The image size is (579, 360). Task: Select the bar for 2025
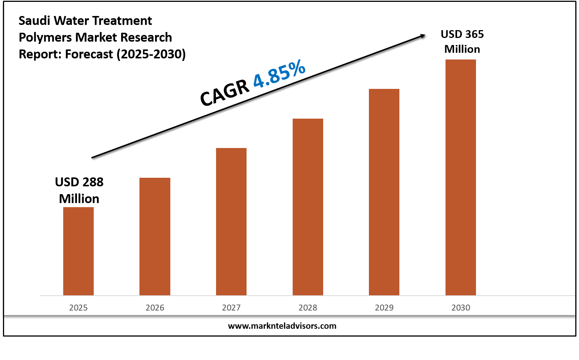tap(78, 251)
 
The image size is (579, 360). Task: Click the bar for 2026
tap(155, 237)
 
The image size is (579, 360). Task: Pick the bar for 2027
tap(231, 222)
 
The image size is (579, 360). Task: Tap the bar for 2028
tap(308, 207)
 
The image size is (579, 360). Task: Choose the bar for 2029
tap(384, 192)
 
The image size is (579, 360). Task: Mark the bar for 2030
tap(461, 177)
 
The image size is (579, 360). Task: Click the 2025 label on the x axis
tap(78, 308)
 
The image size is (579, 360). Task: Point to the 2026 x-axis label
tap(155, 308)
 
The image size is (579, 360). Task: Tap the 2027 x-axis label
tap(231, 308)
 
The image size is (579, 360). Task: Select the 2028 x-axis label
tap(308, 308)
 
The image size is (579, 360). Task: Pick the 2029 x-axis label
tap(384, 308)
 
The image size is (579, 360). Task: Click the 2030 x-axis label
tap(461, 308)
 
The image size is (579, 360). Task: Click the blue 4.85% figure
tap(279, 74)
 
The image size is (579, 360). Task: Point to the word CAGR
tap(224, 93)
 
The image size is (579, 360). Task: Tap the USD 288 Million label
tap(79, 190)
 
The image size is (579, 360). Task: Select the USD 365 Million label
tap(462, 42)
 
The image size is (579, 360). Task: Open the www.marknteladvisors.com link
tap(282, 326)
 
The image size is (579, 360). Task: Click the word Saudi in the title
tap(35, 21)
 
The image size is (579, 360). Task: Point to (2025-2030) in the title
tap(151, 54)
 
